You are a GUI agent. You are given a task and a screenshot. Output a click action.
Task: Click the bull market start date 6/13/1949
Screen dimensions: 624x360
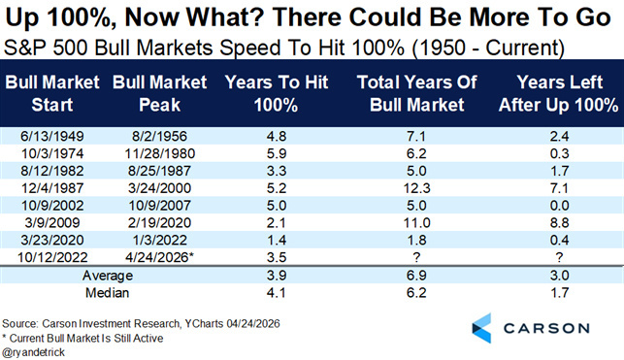point(52,137)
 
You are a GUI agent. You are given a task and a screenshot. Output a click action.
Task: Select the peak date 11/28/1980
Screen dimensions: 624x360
point(159,153)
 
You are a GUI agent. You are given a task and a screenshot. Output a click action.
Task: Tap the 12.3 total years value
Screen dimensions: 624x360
point(416,188)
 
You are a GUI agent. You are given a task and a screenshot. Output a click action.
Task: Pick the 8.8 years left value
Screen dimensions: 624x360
point(559,223)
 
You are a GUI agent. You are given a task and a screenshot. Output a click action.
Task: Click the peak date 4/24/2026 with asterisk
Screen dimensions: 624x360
point(159,257)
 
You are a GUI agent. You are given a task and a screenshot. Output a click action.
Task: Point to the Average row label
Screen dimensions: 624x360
point(108,276)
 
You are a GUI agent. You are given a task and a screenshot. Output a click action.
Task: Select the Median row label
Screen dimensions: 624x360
point(107,293)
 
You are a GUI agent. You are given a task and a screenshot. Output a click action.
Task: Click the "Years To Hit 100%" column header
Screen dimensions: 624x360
point(277,93)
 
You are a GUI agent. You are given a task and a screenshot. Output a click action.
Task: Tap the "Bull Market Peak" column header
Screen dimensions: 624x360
point(159,93)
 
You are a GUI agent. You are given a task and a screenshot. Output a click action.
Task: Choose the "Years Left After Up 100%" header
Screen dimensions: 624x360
point(559,93)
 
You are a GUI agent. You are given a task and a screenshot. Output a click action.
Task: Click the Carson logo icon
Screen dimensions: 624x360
point(481,328)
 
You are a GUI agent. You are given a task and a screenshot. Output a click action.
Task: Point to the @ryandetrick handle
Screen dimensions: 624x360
point(33,352)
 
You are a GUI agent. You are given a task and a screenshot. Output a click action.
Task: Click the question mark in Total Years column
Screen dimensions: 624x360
point(416,257)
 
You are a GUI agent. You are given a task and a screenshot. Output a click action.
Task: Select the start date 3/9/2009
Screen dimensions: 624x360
point(52,223)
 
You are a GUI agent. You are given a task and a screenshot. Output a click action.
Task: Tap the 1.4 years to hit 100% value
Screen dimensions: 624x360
point(277,240)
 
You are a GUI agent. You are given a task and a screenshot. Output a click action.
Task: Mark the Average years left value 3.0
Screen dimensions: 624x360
point(559,276)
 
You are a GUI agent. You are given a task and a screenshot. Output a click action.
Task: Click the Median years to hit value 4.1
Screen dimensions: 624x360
point(277,293)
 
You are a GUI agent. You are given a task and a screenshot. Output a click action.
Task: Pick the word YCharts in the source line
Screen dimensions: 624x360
point(204,324)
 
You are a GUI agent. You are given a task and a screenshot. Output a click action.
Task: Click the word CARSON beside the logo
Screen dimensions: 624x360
point(546,329)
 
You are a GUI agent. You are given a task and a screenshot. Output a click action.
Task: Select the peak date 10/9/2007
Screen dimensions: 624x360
point(159,206)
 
